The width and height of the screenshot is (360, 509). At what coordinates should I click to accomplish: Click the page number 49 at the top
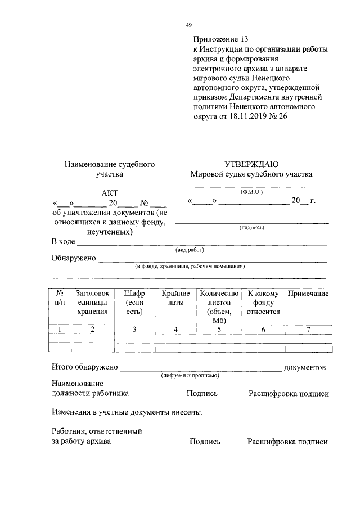point(189,24)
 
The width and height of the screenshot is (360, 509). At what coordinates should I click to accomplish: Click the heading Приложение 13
point(220,39)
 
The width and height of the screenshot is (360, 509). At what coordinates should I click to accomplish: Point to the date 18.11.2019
point(246,116)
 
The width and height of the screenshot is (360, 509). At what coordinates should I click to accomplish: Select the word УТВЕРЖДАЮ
point(251,164)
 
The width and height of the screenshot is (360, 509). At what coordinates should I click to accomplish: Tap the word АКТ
point(110,192)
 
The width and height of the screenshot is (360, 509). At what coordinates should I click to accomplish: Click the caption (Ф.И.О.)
point(251,191)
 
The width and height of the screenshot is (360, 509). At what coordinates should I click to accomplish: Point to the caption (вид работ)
point(189,250)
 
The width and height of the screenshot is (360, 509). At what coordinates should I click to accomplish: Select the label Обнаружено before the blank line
point(74,259)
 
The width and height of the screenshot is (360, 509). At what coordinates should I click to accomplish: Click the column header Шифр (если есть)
point(134,302)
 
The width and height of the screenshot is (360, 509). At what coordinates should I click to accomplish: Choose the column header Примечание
point(308,294)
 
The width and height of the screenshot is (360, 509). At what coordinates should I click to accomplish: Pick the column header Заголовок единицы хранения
point(93,302)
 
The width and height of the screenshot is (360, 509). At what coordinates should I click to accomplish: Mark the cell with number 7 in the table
point(308,329)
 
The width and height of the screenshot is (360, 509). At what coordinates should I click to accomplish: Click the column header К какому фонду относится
point(263,302)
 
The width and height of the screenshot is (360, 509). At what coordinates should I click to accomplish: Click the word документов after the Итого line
point(305,367)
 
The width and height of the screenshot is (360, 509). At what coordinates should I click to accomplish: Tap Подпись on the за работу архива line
point(205,442)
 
